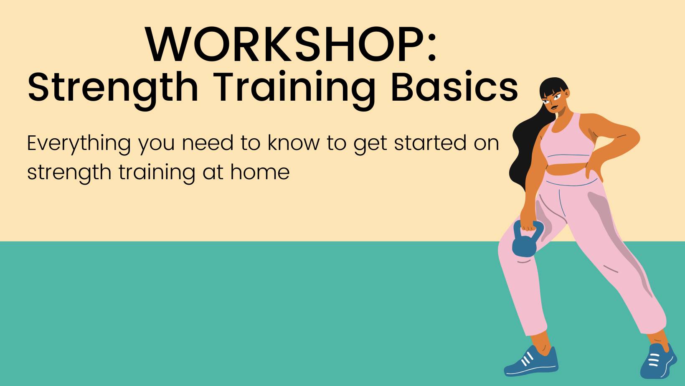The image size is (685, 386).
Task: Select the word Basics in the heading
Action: point(454,87)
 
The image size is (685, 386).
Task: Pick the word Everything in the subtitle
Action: point(79,144)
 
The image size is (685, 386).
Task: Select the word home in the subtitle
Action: point(260,172)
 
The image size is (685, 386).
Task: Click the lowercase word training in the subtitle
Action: point(157,173)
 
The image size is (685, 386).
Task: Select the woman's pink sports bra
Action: point(567,141)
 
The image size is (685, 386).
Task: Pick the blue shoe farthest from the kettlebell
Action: point(658,361)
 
